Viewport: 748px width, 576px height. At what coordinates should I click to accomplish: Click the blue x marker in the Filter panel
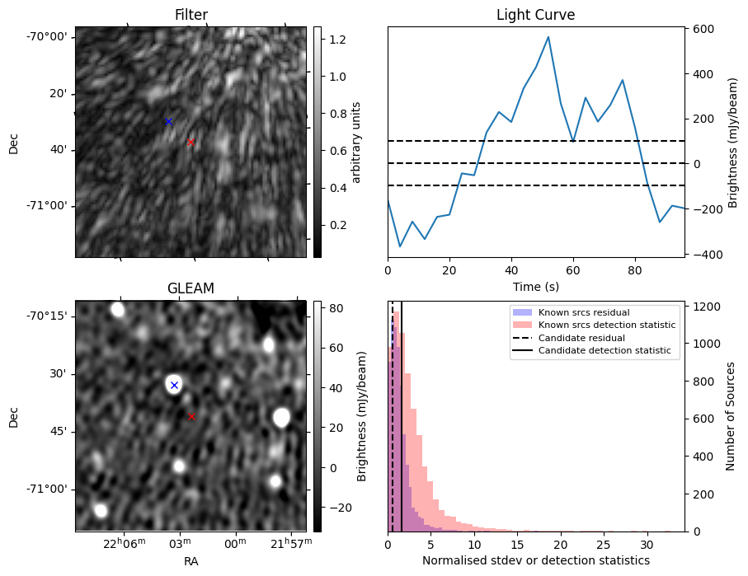[x=168, y=121]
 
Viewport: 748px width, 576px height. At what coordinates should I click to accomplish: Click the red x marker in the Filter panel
[x=191, y=142]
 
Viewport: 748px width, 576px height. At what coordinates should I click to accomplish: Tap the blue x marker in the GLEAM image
[x=174, y=385]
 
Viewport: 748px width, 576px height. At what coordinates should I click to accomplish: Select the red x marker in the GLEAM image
[x=191, y=416]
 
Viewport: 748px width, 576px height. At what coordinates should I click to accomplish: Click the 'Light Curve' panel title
[x=535, y=15]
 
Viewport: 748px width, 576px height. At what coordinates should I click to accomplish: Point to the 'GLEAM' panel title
[x=191, y=288]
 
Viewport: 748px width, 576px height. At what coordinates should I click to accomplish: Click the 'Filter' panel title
[x=191, y=15]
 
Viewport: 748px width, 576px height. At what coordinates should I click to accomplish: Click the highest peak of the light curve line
[x=548, y=36]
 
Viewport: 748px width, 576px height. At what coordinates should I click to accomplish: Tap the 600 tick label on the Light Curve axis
[x=703, y=29]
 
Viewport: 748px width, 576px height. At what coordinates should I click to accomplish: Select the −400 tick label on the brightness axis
[x=705, y=255]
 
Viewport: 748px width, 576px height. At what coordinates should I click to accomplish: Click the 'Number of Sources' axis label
[x=732, y=416]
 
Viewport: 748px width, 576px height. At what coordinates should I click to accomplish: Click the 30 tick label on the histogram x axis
[x=647, y=544]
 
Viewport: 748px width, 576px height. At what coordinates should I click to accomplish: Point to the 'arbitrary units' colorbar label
[x=356, y=142]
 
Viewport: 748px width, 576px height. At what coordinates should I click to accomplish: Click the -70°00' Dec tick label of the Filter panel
[x=47, y=37]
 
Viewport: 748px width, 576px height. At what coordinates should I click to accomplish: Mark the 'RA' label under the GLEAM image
[x=191, y=561]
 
